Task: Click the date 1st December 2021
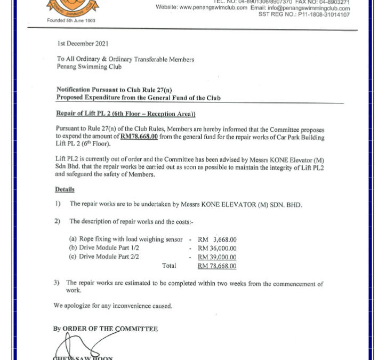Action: click(x=83, y=43)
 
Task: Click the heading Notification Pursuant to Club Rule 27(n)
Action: click(x=115, y=90)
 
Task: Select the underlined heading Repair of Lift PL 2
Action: click(x=126, y=114)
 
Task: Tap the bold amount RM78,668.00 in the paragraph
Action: click(x=139, y=137)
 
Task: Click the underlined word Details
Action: click(x=65, y=189)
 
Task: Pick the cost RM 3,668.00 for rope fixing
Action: click(x=217, y=240)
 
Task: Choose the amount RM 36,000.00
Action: click(x=217, y=249)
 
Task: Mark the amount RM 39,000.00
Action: click(x=217, y=257)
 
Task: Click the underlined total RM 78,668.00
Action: click(x=217, y=266)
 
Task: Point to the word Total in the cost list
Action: click(x=169, y=266)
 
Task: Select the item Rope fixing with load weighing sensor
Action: click(x=126, y=240)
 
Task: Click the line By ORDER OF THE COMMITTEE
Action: click(x=106, y=329)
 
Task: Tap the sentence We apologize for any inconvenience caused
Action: click(x=113, y=306)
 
